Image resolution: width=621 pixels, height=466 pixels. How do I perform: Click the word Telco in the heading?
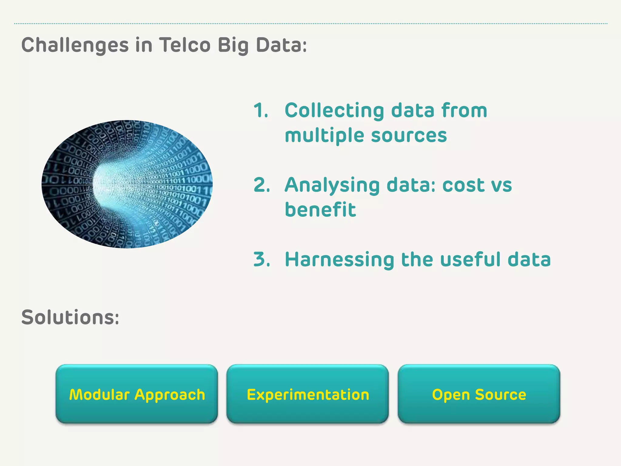pyautogui.click(x=185, y=45)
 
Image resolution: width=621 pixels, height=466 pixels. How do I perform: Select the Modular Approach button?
pyautogui.click(x=137, y=394)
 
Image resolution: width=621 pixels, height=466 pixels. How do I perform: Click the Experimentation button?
pyautogui.click(x=307, y=394)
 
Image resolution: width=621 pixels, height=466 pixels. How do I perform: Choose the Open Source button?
pyautogui.click(x=479, y=394)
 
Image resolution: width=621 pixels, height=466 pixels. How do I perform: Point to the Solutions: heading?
pyautogui.click(x=70, y=317)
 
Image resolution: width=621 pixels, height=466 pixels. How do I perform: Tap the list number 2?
pyautogui.click(x=261, y=185)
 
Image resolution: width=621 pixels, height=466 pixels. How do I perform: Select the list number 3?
pyautogui.click(x=261, y=259)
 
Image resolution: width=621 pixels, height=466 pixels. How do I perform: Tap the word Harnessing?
pyautogui.click(x=340, y=260)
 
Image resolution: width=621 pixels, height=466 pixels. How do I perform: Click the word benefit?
pyautogui.click(x=320, y=210)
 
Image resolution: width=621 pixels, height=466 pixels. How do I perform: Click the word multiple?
pyautogui.click(x=324, y=135)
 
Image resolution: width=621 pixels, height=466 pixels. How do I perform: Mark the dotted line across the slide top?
pyautogui.click(x=310, y=23)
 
